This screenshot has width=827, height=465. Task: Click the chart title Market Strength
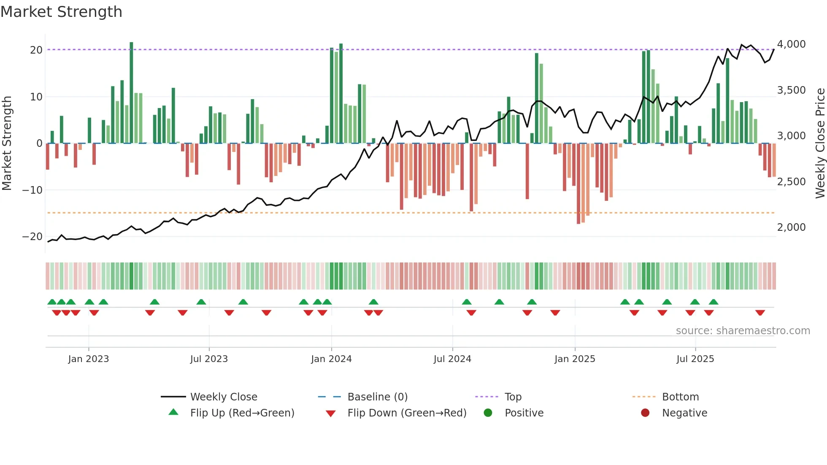pos(61,12)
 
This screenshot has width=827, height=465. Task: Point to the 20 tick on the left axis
pos(36,50)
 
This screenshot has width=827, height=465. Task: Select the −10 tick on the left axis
pos(32,190)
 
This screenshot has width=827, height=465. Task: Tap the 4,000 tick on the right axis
pos(791,44)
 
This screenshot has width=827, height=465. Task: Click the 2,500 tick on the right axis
pos(791,182)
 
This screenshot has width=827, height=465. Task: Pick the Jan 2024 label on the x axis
pos(331,359)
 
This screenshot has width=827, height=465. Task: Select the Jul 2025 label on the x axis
pos(695,359)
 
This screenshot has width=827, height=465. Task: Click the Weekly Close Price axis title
pos(820,143)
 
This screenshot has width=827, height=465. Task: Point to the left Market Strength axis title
pos(7,143)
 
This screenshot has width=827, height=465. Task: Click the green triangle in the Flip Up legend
pos(173,412)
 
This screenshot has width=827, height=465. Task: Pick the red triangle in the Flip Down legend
pos(331,414)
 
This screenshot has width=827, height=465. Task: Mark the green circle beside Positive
pos(488,413)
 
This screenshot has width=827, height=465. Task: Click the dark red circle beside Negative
pos(645,413)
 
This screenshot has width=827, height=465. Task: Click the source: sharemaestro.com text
pos(743,331)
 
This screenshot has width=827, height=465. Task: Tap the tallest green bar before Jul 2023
pos(131,93)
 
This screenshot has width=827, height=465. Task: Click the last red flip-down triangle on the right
pos(760,313)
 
